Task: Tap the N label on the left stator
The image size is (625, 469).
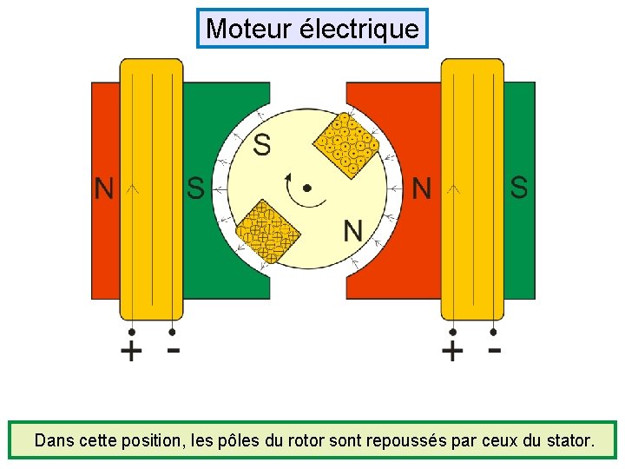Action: coord(104,188)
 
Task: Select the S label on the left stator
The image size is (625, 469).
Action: coord(196,188)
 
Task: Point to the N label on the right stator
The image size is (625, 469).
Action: coord(422,188)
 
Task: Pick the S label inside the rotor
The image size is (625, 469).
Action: coord(261,145)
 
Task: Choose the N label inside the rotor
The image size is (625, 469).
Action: coord(353,231)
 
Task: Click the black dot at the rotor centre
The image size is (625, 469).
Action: coord(306,188)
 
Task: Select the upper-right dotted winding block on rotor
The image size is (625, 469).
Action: coord(345,146)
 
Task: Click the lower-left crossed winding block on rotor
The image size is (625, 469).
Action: coord(268,231)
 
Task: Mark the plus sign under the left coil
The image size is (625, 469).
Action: coord(131,352)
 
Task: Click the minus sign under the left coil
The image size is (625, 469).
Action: coord(174,350)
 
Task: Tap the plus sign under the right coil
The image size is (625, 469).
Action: coord(452,352)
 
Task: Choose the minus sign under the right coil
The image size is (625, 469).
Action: coord(494,350)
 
